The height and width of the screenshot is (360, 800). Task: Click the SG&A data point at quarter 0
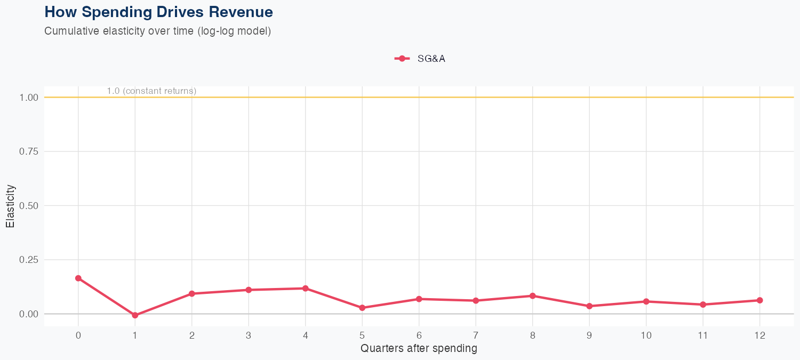78,278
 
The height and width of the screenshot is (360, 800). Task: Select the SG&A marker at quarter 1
135,315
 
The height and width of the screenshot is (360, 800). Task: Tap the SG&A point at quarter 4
306,289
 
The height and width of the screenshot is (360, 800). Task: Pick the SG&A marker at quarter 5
362,308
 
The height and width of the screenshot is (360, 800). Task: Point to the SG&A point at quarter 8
532,296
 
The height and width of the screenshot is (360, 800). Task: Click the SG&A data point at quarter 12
759,300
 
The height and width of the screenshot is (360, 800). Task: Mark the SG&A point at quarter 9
589,306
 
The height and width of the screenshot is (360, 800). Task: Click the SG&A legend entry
420,59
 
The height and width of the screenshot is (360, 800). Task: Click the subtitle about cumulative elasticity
158,31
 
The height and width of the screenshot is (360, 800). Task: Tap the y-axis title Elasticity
10,206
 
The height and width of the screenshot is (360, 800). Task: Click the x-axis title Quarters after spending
419,349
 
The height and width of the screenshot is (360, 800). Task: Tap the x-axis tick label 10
646,335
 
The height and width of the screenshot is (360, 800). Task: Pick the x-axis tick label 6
419,335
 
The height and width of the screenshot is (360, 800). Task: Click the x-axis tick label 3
249,335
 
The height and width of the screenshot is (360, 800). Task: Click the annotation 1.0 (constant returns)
151,91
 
